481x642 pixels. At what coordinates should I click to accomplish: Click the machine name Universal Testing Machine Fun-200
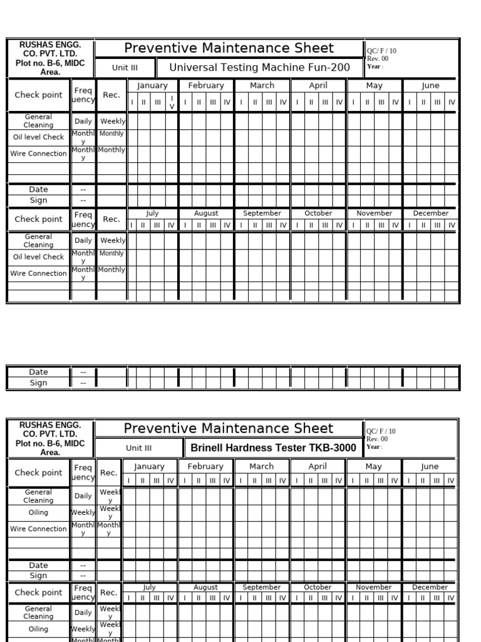[x=259, y=67]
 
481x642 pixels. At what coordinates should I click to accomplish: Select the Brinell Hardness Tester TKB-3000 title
[x=273, y=448]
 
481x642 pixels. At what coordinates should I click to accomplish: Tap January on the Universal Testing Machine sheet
[x=152, y=85]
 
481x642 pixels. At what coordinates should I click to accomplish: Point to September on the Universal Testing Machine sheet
[x=262, y=213]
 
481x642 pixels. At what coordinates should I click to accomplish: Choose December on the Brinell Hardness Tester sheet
[x=430, y=587]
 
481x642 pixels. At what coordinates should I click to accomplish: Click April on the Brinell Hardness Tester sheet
[x=318, y=466]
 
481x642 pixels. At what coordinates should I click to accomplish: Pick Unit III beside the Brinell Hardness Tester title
[x=138, y=448]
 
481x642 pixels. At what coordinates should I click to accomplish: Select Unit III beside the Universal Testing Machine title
[x=125, y=67]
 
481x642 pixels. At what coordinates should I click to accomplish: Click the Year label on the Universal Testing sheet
[x=374, y=66]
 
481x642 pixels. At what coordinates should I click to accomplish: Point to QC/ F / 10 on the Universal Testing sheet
[x=381, y=51]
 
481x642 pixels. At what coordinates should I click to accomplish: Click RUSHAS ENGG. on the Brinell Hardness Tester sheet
[x=50, y=424]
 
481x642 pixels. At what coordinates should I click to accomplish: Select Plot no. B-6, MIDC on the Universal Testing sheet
[x=50, y=63]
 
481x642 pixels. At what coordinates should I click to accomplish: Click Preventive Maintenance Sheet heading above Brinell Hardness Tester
[x=229, y=428]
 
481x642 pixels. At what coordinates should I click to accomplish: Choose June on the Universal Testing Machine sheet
[x=431, y=85]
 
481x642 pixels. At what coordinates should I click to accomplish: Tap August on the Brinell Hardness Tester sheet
[x=205, y=587]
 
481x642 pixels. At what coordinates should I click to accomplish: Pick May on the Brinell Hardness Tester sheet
[x=374, y=466]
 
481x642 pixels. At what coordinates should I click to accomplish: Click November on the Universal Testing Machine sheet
[x=374, y=213]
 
